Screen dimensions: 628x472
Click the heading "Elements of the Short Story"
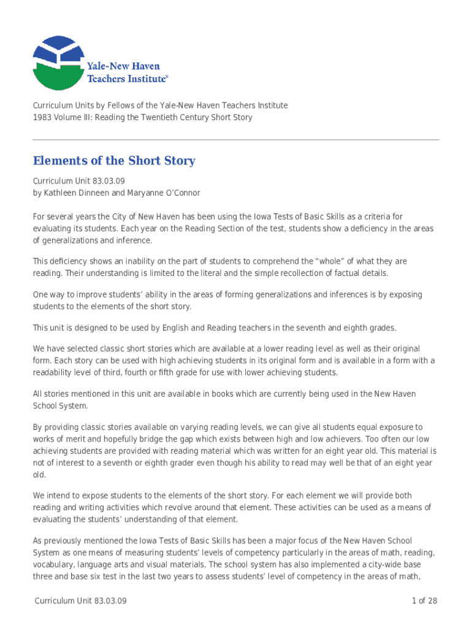(113, 161)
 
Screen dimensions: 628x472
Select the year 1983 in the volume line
(42, 117)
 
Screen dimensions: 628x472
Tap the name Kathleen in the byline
(61, 193)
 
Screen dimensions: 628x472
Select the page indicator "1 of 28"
(424, 600)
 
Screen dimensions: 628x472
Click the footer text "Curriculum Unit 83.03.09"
(80, 600)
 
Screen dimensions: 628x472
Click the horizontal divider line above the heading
(236, 140)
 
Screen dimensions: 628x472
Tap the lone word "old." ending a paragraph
(39, 475)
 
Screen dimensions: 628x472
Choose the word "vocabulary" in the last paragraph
(55, 564)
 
